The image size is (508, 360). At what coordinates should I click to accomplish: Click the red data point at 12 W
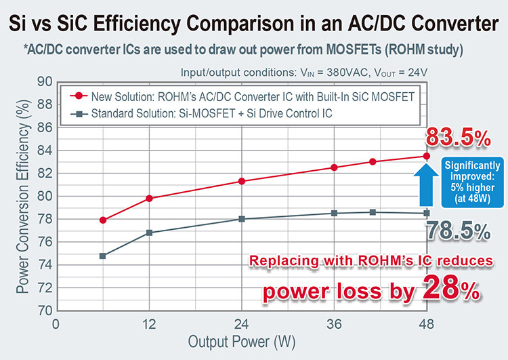tap(149, 198)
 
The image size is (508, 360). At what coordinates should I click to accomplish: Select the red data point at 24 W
tap(242, 181)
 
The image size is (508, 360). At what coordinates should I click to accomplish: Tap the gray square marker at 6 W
tap(103, 256)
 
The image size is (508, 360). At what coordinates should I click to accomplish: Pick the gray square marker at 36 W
tap(334, 213)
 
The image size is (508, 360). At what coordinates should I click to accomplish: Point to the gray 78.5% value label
tap(458, 231)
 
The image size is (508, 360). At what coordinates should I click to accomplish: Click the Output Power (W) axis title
tap(242, 342)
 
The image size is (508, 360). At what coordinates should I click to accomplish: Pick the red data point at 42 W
tap(373, 161)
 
